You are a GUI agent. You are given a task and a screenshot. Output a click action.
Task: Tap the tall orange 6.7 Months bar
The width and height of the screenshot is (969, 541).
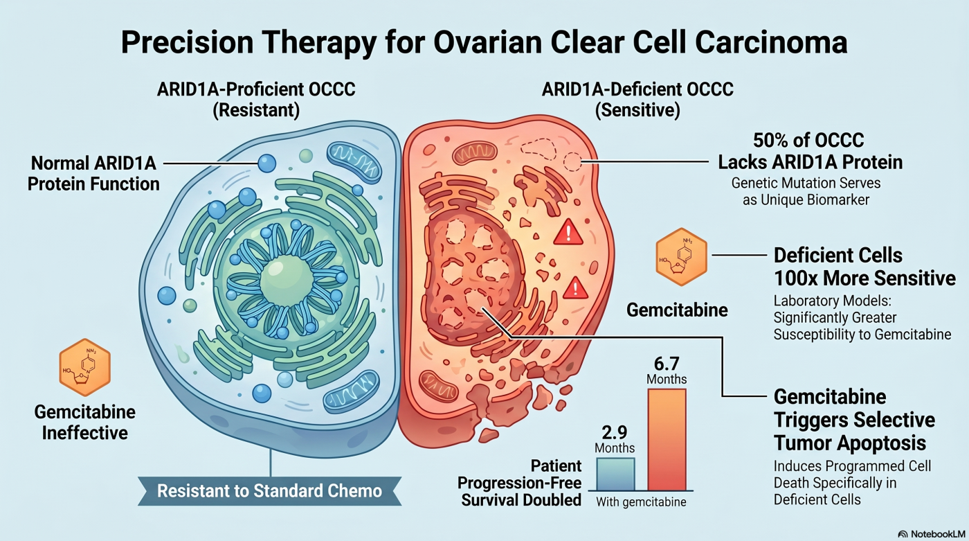coord(667,439)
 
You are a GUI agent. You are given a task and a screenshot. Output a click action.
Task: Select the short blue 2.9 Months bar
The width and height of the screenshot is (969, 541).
coord(615,474)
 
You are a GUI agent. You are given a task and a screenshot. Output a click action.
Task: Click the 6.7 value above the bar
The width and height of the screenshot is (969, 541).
coord(667,364)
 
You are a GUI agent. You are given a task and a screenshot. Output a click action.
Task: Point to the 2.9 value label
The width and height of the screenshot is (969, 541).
coord(615,432)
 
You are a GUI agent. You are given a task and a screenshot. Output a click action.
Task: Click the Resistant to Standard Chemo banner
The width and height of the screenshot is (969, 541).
coord(269,491)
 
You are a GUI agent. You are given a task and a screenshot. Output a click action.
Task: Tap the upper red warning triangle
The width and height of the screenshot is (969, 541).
coord(568,232)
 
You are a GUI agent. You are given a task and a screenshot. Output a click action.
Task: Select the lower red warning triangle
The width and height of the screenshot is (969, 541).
coord(575,287)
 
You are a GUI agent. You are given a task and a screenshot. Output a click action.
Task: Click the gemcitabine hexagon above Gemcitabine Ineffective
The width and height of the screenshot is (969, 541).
coord(84,367)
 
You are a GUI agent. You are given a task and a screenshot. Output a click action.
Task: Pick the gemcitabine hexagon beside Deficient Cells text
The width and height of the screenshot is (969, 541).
coord(681,257)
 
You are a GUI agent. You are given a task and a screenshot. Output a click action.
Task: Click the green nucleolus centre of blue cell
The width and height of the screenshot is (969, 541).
coord(287,281)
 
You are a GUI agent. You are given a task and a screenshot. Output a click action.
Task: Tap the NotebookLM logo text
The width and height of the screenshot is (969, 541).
coord(937,534)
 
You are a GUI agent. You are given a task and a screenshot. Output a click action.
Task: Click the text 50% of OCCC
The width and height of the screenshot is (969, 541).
coord(808,140)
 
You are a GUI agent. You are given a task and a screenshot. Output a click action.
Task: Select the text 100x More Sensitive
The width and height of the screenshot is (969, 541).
coord(864,278)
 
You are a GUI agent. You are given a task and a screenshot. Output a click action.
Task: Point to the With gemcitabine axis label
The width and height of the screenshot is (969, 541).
coord(641,502)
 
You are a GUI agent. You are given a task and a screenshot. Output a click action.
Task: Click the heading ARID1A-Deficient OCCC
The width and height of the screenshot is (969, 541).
coord(637,89)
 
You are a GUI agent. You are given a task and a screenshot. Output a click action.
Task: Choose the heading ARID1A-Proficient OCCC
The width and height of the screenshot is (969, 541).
coord(256,89)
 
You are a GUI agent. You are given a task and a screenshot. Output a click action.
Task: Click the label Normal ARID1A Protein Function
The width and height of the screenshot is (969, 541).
coord(93,174)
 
